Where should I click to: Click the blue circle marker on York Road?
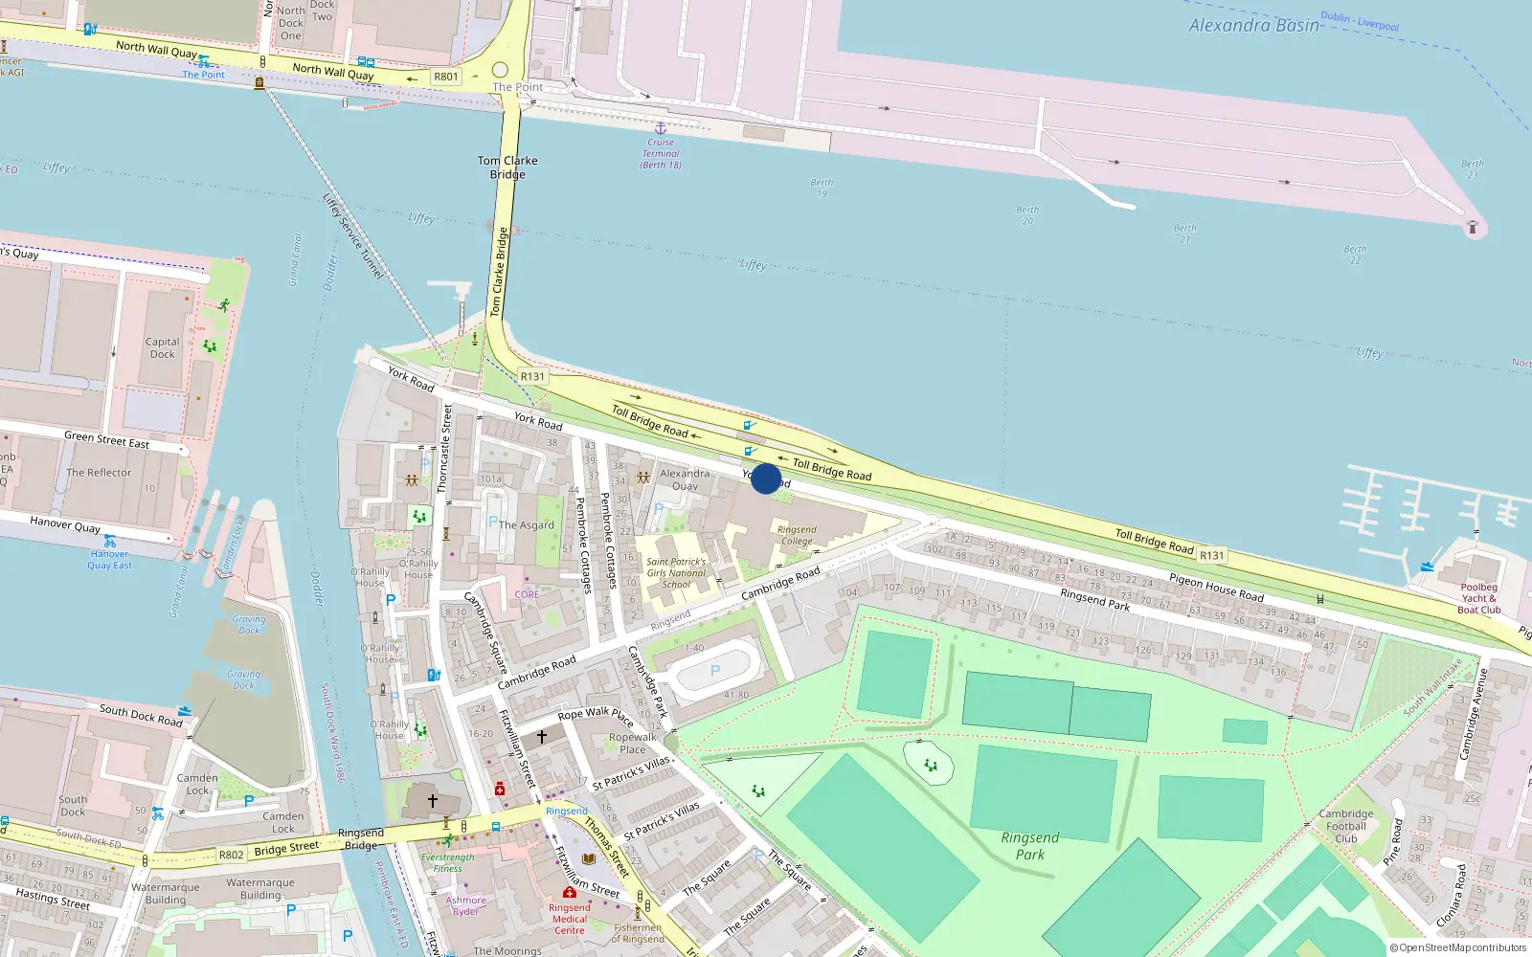point(766,478)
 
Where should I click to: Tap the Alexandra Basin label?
point(1253,26)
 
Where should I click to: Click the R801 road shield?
point(446,77)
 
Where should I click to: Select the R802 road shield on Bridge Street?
point(232,855)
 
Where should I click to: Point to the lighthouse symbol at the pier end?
point(1473,228)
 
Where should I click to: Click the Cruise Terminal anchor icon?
point(660,127)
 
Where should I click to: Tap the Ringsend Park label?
point(1030,846)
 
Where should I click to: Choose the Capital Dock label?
point(162,347)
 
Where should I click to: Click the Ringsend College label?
point(797,535)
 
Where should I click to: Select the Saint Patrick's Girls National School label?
point(676,573)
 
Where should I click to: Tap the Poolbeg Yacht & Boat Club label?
point(1478,598)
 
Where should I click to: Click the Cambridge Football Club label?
point(1346,826)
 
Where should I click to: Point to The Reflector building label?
point(99,473)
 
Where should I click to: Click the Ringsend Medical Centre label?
point(569,919)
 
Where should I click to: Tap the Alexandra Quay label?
point(685,479)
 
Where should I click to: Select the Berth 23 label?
point(1472,169)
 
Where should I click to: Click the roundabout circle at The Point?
point(500,70)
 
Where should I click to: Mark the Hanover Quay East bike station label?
point(109,560)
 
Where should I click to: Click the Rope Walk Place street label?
point(595,715)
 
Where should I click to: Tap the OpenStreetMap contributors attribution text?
point(1457,948)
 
